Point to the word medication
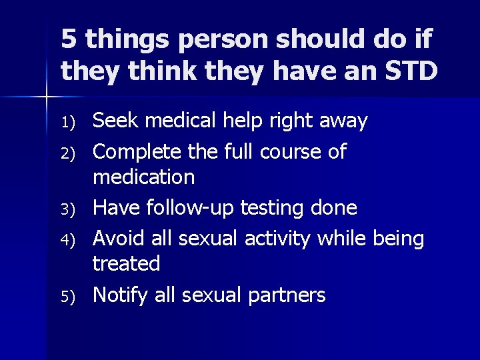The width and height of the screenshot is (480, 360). [x=143, y=178]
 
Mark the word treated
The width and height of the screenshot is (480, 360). [x=126, y=264]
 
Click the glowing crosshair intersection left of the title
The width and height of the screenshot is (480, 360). [x=46, y=98]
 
